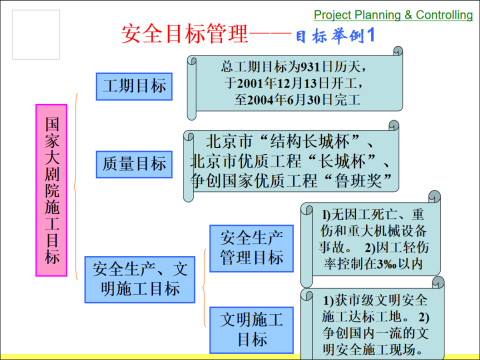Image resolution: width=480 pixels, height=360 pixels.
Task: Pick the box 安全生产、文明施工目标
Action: pos(137,278)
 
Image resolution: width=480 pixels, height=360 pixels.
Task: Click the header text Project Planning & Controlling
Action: pos(393,16)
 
